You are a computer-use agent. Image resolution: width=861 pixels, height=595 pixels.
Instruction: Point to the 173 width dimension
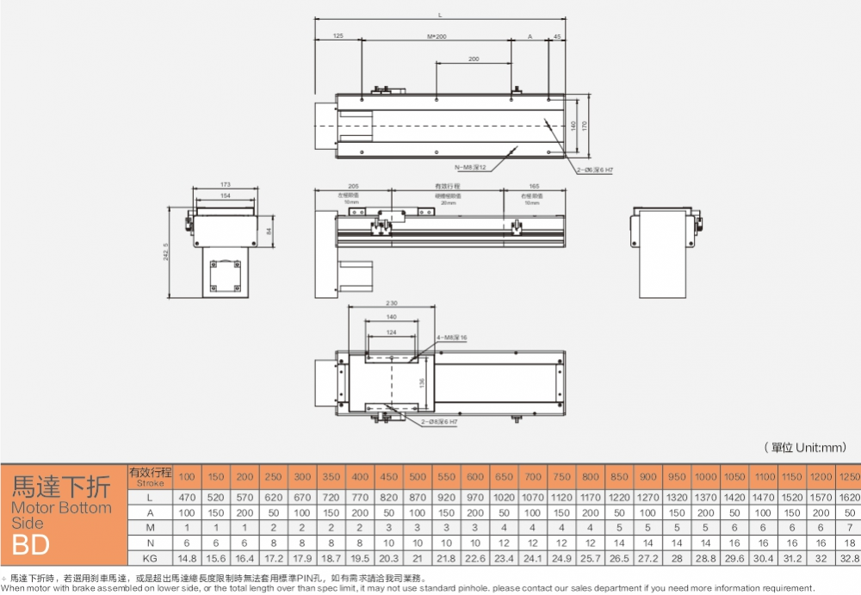pyautogui.click(x=225, y=185)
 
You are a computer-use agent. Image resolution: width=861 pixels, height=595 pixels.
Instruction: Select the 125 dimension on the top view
pyautogui.click(x=338, y=36)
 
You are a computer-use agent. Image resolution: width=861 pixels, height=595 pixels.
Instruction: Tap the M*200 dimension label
pyautogui.click(x=437, y=36)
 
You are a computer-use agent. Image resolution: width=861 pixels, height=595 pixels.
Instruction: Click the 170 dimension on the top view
pyautogui.click(x=585, y=126)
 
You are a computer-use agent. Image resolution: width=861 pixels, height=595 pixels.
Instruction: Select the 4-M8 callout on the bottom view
pyautogui.click(x=454, y=338)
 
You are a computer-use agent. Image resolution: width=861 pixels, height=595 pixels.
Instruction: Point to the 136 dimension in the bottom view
pyautogui.click(x=421, y=381)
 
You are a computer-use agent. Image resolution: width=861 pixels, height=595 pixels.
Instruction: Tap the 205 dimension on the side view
pyautogui.click(x=353, y=186)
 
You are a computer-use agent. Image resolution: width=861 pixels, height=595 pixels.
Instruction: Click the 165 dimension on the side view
pyautogui.click(x=534, y=186)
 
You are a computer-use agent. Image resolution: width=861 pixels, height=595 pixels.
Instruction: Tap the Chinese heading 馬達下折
pyautogui.click(x=60, y=487)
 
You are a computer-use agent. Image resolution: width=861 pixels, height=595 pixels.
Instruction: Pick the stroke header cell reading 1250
pyautogui.click(x=848, y=476)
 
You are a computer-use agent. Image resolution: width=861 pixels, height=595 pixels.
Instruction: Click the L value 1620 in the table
pyautogui.click(x=848, y=498)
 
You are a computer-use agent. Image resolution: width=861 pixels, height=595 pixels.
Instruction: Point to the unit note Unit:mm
pyautogui.click(x=805, y=447)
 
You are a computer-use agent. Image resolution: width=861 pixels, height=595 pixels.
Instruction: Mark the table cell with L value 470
pyautogui.click(x=187, y=498)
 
